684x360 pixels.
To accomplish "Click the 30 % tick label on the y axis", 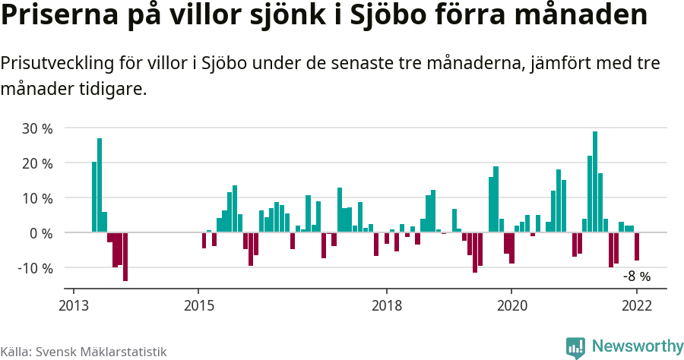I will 37,128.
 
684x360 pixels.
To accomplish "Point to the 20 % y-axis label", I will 37,163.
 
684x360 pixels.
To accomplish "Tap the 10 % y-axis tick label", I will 37,198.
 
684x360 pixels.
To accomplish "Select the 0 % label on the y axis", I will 41,233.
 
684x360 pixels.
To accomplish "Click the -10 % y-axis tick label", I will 35,268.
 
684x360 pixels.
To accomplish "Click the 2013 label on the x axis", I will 73,305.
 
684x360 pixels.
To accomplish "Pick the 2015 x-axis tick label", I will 198,305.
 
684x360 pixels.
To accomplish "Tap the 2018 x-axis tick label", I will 386,305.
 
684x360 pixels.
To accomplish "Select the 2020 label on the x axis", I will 511,305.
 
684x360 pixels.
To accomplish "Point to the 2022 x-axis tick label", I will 637,305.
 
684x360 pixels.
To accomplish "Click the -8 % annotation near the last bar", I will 637,276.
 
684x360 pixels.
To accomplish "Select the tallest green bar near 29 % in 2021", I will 595,182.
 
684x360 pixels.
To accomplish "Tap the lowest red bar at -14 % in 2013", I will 125,257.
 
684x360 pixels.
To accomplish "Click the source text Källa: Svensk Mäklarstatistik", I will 83,352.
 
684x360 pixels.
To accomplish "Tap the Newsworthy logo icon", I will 575,348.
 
